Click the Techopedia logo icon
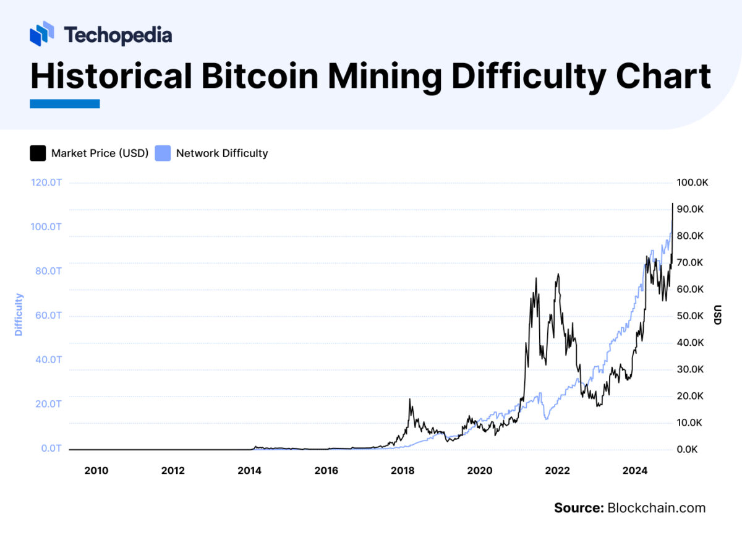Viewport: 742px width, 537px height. pyautogui.click(x=42, y=33)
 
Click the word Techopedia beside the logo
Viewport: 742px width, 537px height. pyautogui.click(x=117, y=35)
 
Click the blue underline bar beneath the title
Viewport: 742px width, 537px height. pyautogui.click(x=64, y=104)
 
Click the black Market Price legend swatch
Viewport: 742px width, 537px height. pyautogui.click(x=38, y=153)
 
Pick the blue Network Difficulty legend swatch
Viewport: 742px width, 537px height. pyautogui.click(x=163, y=153)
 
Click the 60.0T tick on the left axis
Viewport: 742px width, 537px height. pyautogui.click(x=46, y=316)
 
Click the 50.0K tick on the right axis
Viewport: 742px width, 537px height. pyautogui.click(x=690, y=316)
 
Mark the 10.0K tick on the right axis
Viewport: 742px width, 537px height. pyautogui.click(x=690, y=423)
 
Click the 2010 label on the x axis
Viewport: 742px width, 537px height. pyautogui.click(x=96, y=471)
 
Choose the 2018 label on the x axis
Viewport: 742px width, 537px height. pyautogui.click(x=403, y=471)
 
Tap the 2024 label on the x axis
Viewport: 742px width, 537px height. pyautogui.click(x=635, y=471)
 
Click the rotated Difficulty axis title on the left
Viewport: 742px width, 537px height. pyautogui.click(x=19, y=315)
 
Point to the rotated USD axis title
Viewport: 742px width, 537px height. pyautogui.click(x=718, y=315)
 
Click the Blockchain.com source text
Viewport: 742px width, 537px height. pyautogui.click(x=656, y=508)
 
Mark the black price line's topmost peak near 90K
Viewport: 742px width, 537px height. pyautogui.click(x=672, y=204)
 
